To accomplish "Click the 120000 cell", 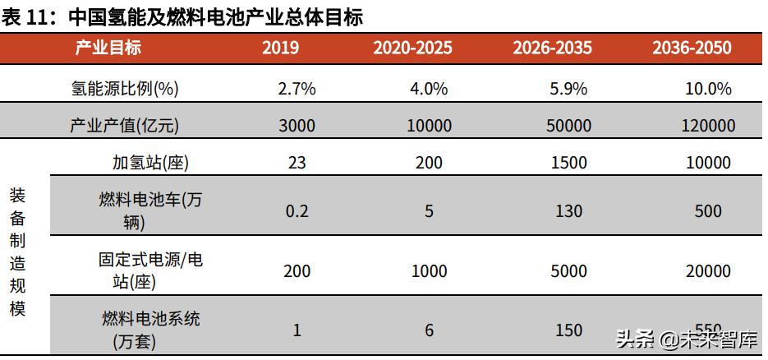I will click(x=708, y=126).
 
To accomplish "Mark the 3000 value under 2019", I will click(x=297, y=126).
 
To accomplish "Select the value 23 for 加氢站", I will click(x=297, y=163).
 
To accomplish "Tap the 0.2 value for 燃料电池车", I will click(x=297, y=211).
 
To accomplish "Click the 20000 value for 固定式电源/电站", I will click(x=708, y=271).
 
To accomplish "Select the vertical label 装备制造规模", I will click(x=18, y=252).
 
